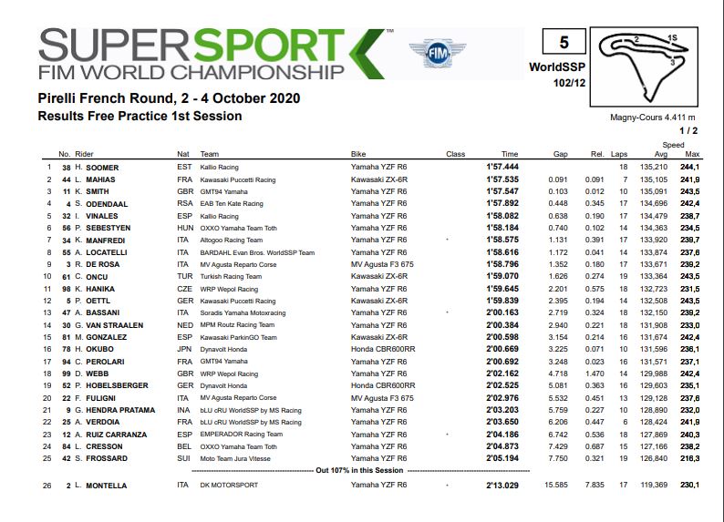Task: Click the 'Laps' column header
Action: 620,154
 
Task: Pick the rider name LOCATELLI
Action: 109,252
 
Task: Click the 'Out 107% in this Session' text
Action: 357,470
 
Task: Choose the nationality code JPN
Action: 183,348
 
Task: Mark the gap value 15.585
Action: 555,486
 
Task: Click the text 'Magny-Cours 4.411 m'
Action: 652,118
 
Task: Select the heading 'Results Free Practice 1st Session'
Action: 140,116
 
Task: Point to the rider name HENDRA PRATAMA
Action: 119,411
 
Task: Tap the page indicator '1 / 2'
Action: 686,131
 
